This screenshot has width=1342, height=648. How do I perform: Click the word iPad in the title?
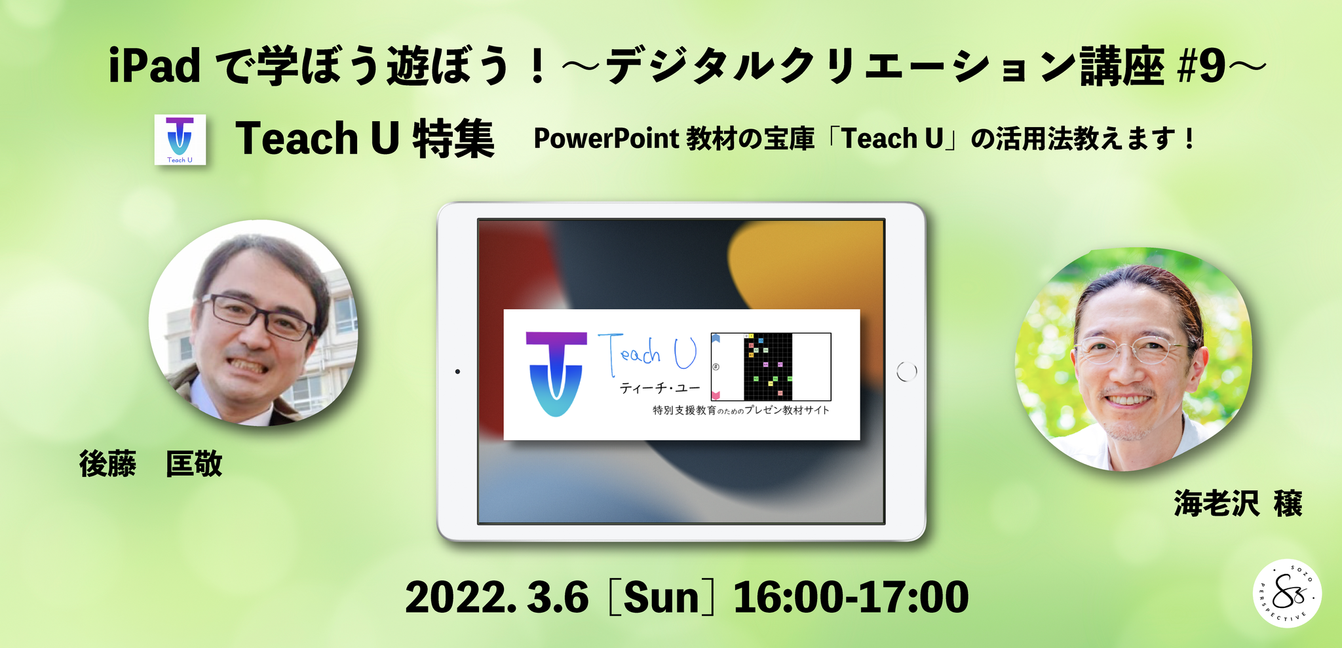point(155,66)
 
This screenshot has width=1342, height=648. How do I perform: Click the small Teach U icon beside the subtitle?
point(180,140)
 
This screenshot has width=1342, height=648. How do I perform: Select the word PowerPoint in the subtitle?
point(606,139)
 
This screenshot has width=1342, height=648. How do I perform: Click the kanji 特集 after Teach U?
point(453,139)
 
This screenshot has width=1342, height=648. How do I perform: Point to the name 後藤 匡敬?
point(151,464)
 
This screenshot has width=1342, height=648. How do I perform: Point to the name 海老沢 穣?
point(1238,503)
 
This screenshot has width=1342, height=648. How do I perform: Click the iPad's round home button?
point(906,372)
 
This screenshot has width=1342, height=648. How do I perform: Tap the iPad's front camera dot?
point(457,372)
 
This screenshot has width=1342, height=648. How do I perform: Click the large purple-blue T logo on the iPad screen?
point(556,373)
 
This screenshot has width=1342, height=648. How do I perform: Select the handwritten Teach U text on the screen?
point(647,354)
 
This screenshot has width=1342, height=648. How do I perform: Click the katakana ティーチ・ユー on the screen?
point(660,389)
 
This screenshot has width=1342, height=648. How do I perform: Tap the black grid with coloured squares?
point(768,367)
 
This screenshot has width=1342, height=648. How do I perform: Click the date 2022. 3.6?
point(497,598)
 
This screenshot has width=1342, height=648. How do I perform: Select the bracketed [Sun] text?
point(661,598)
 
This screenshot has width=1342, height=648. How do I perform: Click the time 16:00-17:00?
point(851,598)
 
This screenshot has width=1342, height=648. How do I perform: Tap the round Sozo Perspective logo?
point(1287,594)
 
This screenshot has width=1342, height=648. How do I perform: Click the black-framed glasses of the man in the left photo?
point(258,316)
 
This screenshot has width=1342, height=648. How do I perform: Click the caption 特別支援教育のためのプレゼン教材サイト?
point(741,411)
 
